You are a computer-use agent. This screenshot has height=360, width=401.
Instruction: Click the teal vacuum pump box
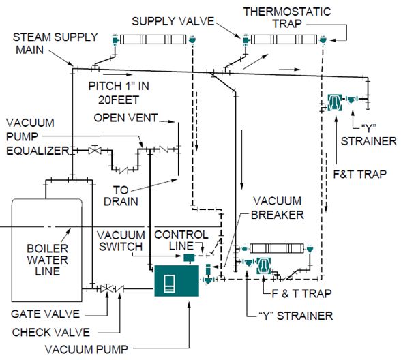point(177,280)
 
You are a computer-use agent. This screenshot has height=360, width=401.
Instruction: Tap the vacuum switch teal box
point(190,257)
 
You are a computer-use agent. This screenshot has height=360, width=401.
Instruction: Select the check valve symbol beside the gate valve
point(120,289)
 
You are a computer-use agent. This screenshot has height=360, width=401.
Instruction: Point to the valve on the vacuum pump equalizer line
point(95,149)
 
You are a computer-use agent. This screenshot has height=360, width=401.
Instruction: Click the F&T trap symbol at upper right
point(334,102)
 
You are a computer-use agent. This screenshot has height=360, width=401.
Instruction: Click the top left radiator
point(153,40)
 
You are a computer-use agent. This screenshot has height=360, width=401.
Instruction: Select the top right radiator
point(284,40)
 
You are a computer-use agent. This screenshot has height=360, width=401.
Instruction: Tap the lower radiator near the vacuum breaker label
point(276,248)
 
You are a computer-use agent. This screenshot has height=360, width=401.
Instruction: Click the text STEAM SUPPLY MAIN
point(55,43)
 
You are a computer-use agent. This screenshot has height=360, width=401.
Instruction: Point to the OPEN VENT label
point(125,118)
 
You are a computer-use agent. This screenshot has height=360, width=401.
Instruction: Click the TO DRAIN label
point(121,196)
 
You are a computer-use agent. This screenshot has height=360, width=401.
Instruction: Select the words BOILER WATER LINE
point(48,260)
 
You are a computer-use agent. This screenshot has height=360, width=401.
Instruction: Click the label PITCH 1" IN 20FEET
point(119,93)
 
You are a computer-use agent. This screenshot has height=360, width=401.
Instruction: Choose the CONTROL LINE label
point(181,240)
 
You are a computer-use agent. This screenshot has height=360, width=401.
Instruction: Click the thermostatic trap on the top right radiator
point(323,40)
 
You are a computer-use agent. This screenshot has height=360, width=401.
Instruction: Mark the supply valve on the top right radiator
point(246,40)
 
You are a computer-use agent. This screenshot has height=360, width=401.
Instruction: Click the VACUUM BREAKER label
point(278,208)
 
